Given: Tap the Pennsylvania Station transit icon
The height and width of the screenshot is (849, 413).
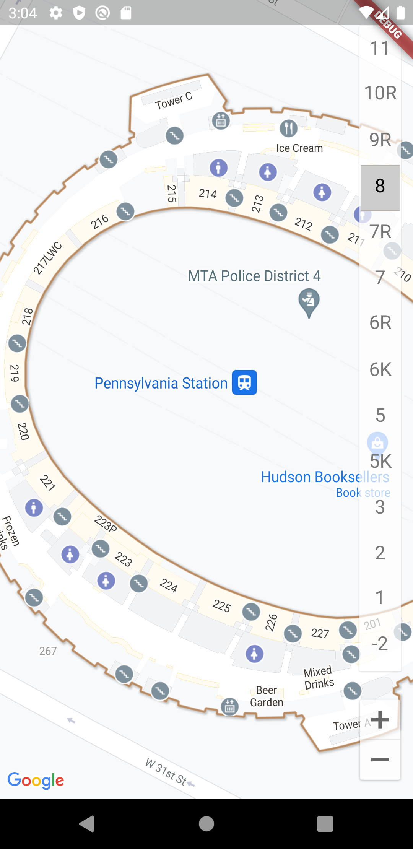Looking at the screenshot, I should pyautogui.click(x=244, y=382).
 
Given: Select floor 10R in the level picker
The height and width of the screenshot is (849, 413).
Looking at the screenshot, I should pyautogui.click(x=380, y=93).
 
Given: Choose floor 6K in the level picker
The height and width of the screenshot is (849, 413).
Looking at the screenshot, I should pyautogui.click(x=380, y=369).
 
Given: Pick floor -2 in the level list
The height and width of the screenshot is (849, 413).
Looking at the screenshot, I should pyautogui.click(x=380, y=644).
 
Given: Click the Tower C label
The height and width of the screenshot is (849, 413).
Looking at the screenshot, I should pyautogui.click(x=174, y=101).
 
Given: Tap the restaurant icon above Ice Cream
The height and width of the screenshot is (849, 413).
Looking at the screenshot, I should pyautogui.click(x=289, y=128).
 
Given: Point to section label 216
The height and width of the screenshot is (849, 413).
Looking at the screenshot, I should pyautogui.click(x=100, y=221).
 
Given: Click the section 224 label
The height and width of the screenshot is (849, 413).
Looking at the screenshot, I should pyautogui.click(x=169, y=585).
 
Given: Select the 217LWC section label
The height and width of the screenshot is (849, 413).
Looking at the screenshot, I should pyautogui.click(x=48, y=258).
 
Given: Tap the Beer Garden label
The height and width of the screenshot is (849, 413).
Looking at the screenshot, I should pyautogui.click(x=267, y=696).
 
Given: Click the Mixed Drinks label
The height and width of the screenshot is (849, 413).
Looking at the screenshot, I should pyautogui.click(x=319, y=678).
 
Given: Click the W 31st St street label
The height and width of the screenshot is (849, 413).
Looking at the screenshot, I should pyautogui.click(x=166, y=771).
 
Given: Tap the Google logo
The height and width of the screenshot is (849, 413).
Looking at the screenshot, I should pyautogui.click(x=36, y=780).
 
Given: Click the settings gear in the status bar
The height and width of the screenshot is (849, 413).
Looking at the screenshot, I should pyautogui.click(x=56, y=13).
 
